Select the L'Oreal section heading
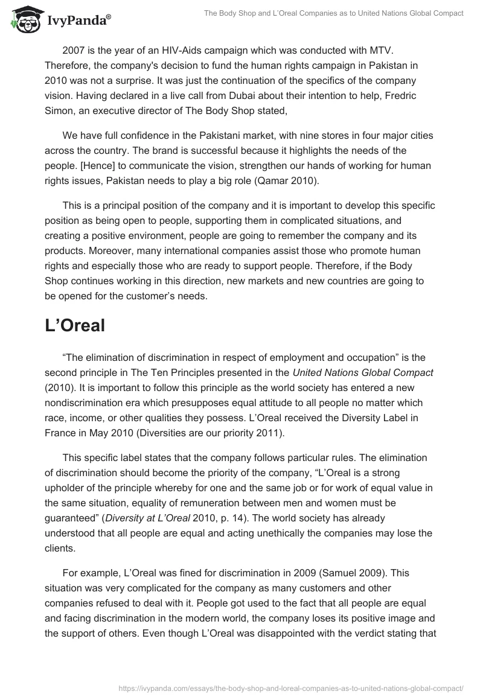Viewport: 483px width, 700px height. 75,325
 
